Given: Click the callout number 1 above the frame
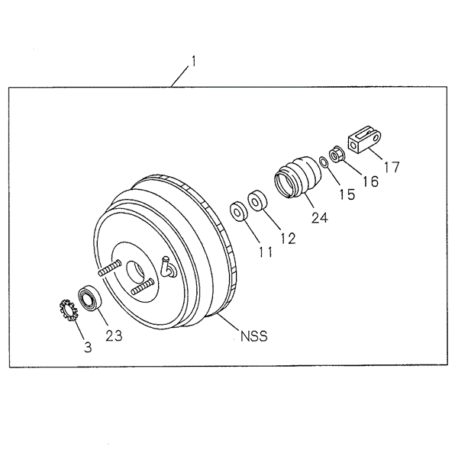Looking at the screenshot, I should click(193, 61).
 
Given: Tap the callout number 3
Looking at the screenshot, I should click(88, 348).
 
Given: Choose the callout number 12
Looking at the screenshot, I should click(287, 237).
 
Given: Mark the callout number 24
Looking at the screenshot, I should click(319, 217).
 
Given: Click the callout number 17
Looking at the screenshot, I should click(392, 166).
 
